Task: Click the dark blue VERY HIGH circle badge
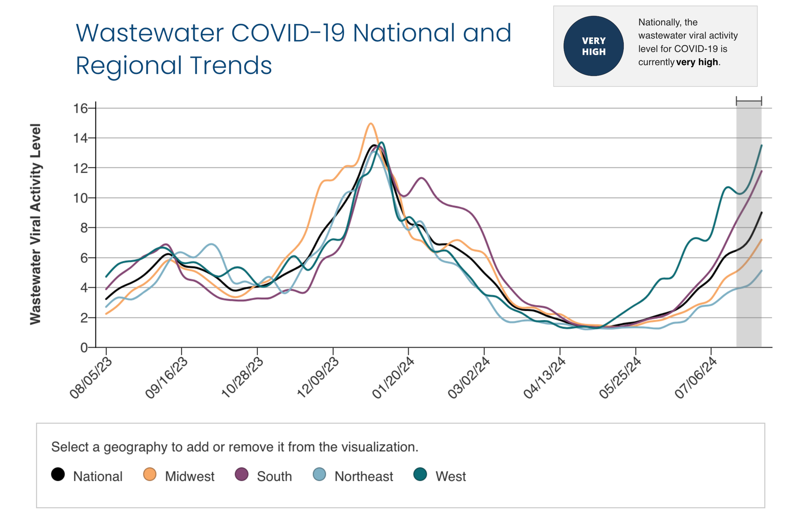click(x=593, y=46)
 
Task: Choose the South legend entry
click(x=263, y=476)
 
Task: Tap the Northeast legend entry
click(x=353, y=476)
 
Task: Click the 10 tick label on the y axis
click(x=80, y=198)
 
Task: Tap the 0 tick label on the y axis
click(x=84, y=348)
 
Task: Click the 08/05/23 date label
click(x=90, y=378)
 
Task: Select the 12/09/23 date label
click(x=318, y=378)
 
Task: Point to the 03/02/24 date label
click(x=469, y=378)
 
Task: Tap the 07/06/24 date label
click(x=696, y=378)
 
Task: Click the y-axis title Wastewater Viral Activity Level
click(x=36, y=224)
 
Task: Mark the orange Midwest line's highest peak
click(x=371, y=124)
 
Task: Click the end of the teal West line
click(x=761, y=146)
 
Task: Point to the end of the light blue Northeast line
click(x=761, y=271)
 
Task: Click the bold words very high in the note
click(x=697, y=62)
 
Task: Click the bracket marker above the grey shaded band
click(x=749, y=101)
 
